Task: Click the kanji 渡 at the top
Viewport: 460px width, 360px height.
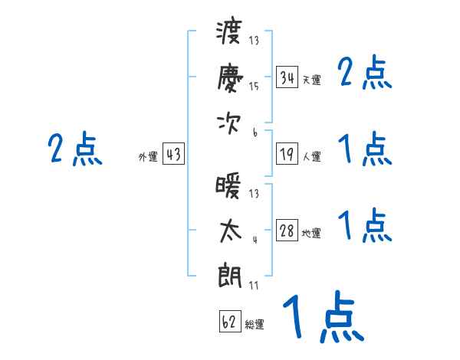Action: pyautogui.click(x=229, y=32)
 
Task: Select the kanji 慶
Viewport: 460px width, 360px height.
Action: pyautogui.click(x=230, y=78)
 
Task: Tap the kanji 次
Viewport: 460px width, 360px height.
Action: pyautogui.click(x=228, y=124)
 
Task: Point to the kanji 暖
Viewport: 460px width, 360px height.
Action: pyautogui.click(x=228, y=185)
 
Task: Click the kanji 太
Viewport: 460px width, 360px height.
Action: pyautogui.click(x=230, y=231)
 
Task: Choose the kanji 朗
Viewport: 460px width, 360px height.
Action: pyautogui.click(x=229, y=276)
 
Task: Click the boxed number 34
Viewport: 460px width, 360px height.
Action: pyautogui.click(x=287, y=77)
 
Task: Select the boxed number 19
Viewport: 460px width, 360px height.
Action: pyautogui.click(x=287, y=154)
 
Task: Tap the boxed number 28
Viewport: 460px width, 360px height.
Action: pyautogui.click(x=287, y=230)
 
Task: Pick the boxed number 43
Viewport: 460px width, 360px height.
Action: pyautogui.click(x=173, y=154)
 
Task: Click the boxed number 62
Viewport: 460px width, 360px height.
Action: pyautogui.click(x=230, y=321)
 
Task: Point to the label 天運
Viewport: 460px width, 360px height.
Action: pyautogui.click(x=311, y=80)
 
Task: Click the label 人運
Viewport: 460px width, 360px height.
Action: pyautogui.click(x=312, y=156)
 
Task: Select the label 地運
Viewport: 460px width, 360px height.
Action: pyautogui.click(x=311, y=234)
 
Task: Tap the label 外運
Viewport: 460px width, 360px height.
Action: pyautogui.click(x=148, y=156)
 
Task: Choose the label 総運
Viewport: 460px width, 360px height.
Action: pyautogui.click(x=255, y=324)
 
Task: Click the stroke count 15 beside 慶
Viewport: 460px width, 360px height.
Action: pyautogui.click(x=254, y=87)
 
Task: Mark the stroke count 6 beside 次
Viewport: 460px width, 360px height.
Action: pyautogui.click(x=255, y=133)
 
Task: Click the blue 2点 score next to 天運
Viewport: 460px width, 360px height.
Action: pyautogui.click(x=365, y=72)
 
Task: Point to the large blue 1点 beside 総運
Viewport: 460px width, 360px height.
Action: pyautogui.click(x=324, y=316)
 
